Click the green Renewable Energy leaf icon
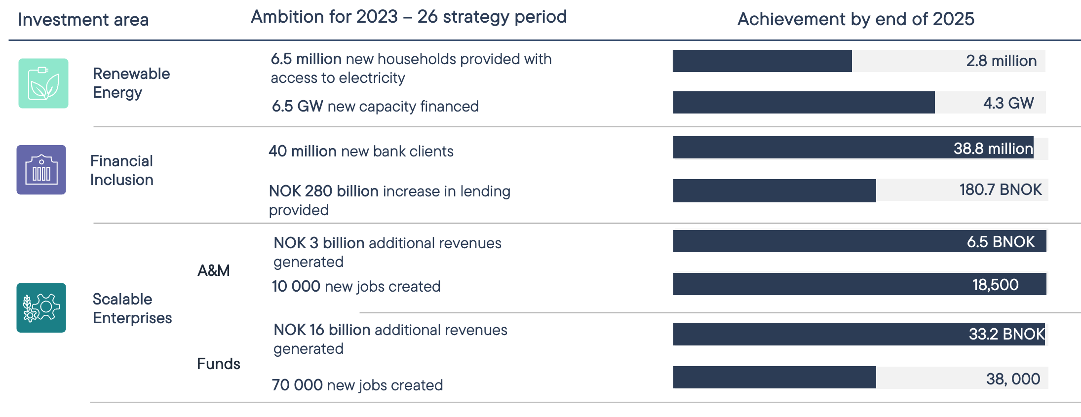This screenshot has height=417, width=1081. [x=43, y=83]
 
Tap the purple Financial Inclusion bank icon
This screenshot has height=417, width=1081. [x=41, y=170]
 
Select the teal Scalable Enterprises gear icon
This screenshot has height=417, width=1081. [x=41, y=308]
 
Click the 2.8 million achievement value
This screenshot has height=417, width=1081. [x=1001, y=61]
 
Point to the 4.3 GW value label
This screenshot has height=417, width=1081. [x=1008, y=103]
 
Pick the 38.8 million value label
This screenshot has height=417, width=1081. [x=993, y=148]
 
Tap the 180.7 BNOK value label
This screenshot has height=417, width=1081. [x=1001, y=190]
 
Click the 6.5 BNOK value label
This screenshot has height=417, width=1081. [x=1001, y=241]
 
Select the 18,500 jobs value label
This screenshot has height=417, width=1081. [x=995, y=285]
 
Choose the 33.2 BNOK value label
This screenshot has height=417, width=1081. [x=1007, y=334]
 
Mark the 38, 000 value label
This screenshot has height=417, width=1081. [x=1013, y=379]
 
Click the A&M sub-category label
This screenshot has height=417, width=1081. [x=214, y=270]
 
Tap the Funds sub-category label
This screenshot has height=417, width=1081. [x=219, y=364]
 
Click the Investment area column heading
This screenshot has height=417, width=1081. [x=83, y=20]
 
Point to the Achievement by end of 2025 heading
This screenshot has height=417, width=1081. [x=856, y=19]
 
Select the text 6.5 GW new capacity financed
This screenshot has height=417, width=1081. [x=375, y=106]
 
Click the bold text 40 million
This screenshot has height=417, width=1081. [x=303, y=151]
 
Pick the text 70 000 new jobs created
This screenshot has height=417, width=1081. [x=357, y=385]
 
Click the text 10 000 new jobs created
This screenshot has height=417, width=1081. [x=356, y=286]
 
